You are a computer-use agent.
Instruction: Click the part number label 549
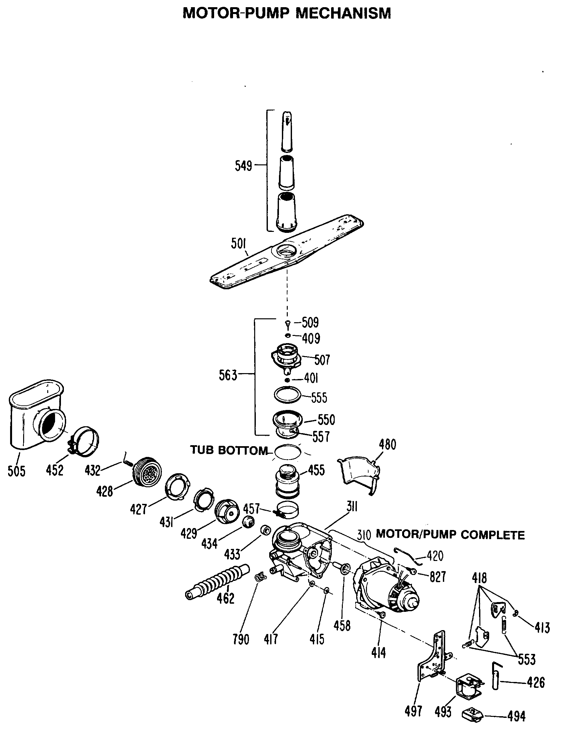point(243,166)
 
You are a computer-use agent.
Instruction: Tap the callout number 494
point(516,716)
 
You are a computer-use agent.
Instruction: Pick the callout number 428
point(104,491)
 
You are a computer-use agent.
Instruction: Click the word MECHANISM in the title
point(343,14)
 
